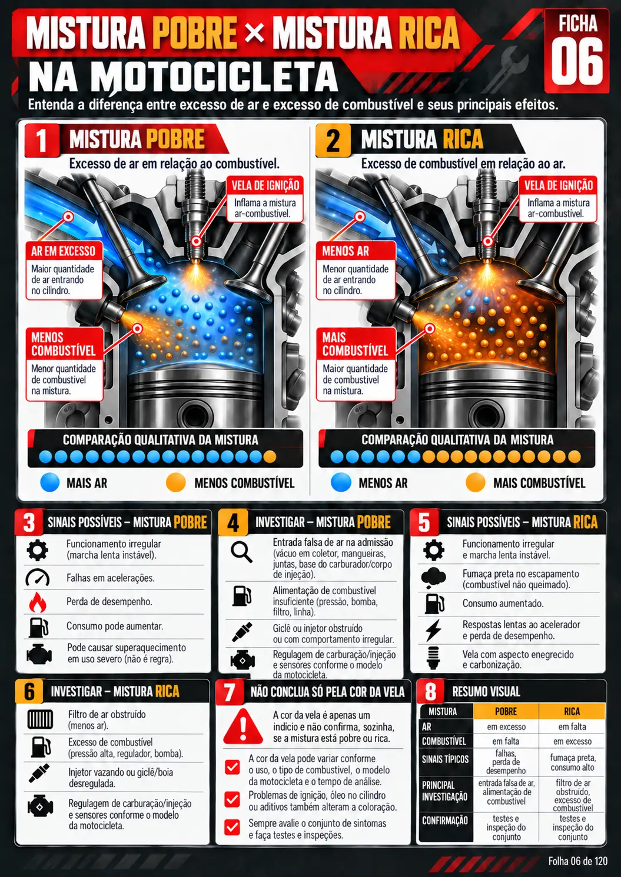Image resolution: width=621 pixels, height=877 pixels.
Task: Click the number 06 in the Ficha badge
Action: click(x=577, y=62)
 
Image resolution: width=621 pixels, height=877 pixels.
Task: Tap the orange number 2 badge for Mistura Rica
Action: click(x=333, y=140)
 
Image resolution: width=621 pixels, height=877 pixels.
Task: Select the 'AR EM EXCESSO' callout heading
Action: click(x=64, y=251)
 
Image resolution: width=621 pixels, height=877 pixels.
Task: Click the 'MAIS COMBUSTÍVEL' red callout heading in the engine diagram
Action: click(x=356, y=344)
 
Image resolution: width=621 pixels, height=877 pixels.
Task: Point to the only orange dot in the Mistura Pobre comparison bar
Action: click(x=270, y=456)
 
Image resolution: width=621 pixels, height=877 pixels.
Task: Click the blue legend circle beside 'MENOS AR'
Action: click(x=341, y=482)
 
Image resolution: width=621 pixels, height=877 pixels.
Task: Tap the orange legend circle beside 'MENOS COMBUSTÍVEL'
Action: click(x=175, y=482)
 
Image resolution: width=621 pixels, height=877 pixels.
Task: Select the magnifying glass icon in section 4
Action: click(x=241, y=552)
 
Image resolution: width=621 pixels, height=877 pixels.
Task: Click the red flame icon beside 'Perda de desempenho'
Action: click(x=38, y=602)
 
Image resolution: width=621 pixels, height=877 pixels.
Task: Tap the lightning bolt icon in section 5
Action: click(x=433, y=630)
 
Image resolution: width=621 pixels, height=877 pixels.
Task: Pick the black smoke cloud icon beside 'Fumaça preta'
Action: click(x=433, y=578)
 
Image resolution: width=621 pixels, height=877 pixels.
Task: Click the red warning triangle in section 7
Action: click(x=243, y=726)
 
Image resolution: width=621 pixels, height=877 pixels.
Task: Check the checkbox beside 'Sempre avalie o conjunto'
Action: click(x=233, y=827)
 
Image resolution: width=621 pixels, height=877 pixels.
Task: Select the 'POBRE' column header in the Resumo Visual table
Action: click(x=506, y=711)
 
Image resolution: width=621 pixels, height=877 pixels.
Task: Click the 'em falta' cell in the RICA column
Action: click(x=572, y=727)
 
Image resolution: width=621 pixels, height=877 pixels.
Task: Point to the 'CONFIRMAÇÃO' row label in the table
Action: click(x=444, y=821)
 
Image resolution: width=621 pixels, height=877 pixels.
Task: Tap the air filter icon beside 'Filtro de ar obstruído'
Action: click(x=40, y=719)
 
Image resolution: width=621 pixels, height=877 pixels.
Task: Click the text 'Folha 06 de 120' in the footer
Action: click(x=578, y=861)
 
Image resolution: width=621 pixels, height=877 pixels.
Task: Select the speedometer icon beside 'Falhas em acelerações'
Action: click(x=38, y=578)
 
